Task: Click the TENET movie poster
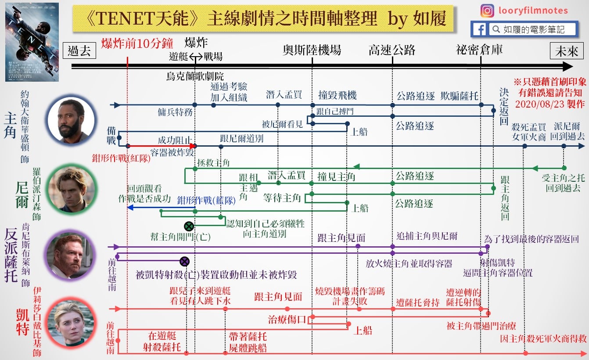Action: (32, 42)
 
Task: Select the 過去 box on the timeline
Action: (79, 51)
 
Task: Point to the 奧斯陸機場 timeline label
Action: (312, 50)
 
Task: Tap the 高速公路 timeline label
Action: (392, 50)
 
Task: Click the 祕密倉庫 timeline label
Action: (479, 50)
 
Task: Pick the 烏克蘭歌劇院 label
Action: (195, 76)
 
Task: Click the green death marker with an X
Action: (189, 227)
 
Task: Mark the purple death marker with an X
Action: (184, 261)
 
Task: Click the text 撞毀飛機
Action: (338, 95)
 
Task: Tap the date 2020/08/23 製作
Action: (550, 104)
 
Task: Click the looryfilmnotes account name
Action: (533, 11)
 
